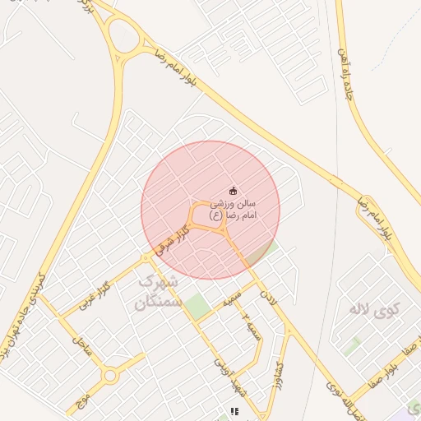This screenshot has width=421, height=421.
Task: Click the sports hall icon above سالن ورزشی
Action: pyautogui.click(x=233, y=191)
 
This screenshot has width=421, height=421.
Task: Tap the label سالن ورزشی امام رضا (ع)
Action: pyautogui.click(x=234, y=208)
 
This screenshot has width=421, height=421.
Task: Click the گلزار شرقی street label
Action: pyautogui.click(x=171, y=239)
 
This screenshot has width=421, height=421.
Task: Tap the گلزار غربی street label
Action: pyautogui.click(x=94, y=296)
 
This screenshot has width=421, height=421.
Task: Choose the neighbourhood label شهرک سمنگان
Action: pyautogui.click(x=156, y=293)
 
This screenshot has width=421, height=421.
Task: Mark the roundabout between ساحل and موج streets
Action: pyautogui.click(x=109, y=376)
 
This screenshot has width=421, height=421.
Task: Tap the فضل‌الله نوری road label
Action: pyautogui.click(x=346, y=400)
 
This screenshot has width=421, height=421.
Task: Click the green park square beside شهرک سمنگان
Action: pyautogui.click(x=196, y=307)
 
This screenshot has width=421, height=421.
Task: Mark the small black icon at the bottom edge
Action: pyautogui.click(x=234, y=411)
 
